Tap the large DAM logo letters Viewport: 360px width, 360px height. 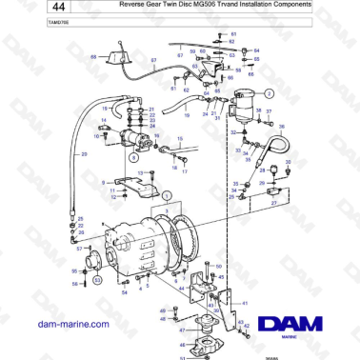[302, 321]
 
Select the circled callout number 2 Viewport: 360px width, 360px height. [269, 93]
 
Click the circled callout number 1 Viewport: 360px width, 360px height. [167, 193]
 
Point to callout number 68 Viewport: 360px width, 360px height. [93, 57]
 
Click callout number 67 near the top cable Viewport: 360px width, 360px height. [154, 59]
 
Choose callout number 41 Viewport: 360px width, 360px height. [243, 304]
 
